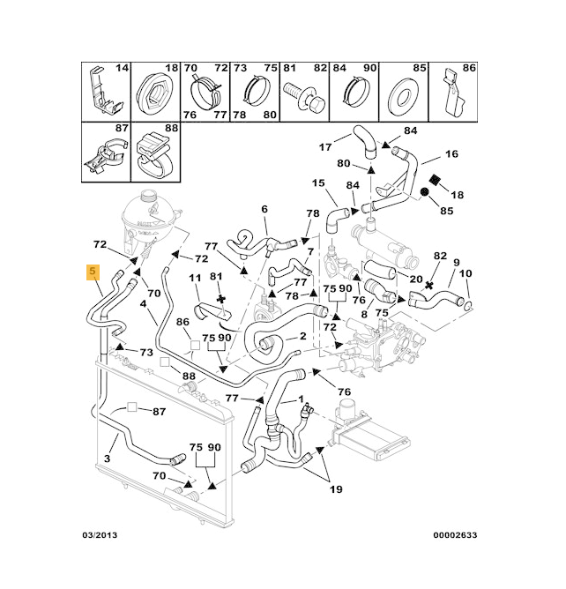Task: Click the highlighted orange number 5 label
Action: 93,273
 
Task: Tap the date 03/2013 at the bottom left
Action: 101,535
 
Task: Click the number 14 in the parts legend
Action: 123,68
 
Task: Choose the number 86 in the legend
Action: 469,68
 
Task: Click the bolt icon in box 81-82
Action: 299,92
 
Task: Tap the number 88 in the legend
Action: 171,129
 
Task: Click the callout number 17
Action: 324,147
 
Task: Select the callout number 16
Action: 451,154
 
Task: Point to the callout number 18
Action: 457,194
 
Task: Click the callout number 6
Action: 263,209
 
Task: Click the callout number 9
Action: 457,263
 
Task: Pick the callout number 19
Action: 336,489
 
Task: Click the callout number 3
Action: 107,459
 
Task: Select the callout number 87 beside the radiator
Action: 159,412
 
